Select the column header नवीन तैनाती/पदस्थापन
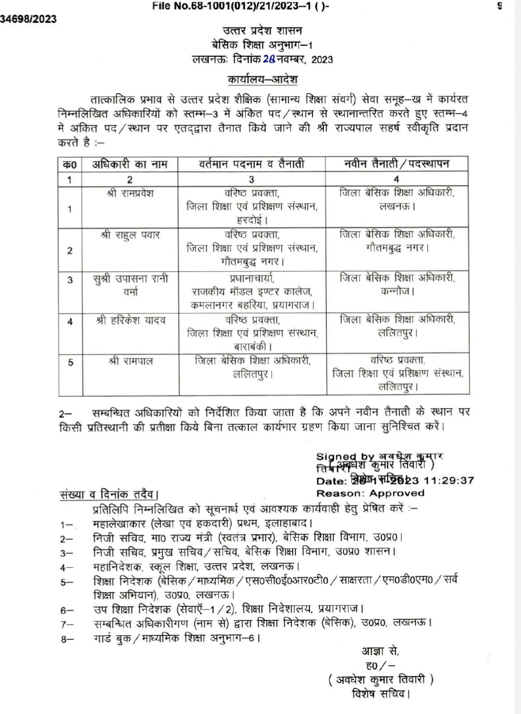coord(397,164)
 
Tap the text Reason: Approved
coord(370,493)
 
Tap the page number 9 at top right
coord(500,6)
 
